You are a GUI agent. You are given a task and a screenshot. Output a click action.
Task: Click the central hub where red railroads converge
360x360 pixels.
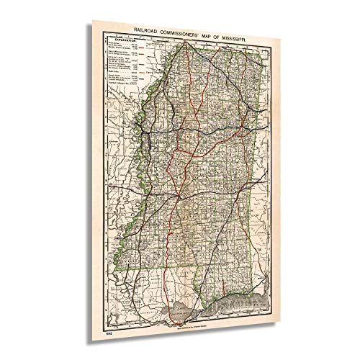point(176,196)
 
